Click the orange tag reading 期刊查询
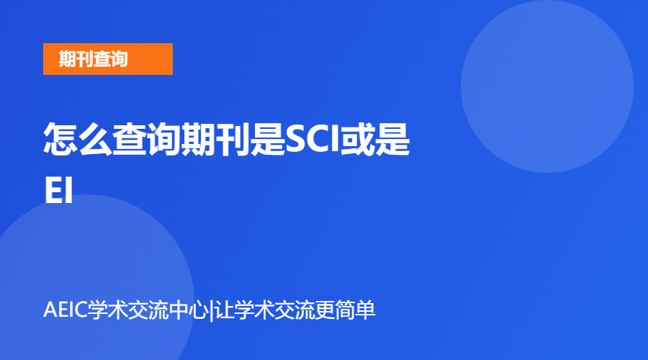107,59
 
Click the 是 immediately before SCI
267,140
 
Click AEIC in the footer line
65,312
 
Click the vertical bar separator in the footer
212,312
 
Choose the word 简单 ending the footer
357,312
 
